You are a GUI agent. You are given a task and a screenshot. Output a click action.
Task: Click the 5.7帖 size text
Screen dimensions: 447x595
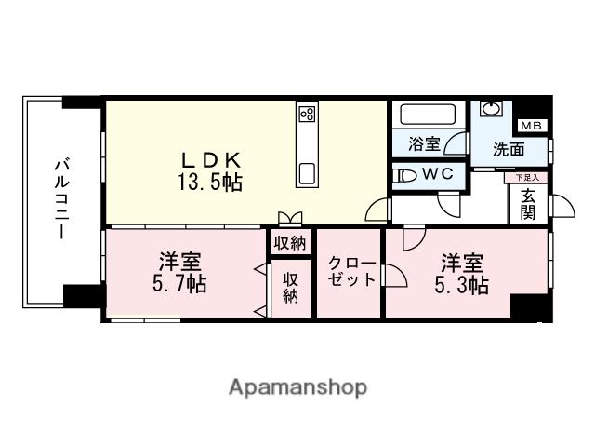pos(178,283)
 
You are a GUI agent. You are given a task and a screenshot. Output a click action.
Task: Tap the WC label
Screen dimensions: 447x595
pos(437,173)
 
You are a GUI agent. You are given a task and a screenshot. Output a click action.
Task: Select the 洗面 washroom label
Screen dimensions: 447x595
pos(509,149)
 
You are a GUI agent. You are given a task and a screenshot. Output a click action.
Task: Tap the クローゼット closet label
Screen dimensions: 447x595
pos(351,272)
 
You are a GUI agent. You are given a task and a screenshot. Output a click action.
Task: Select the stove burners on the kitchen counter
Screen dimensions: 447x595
pos(306,115)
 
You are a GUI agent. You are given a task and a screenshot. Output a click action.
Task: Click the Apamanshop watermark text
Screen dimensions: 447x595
pos(297,386)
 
